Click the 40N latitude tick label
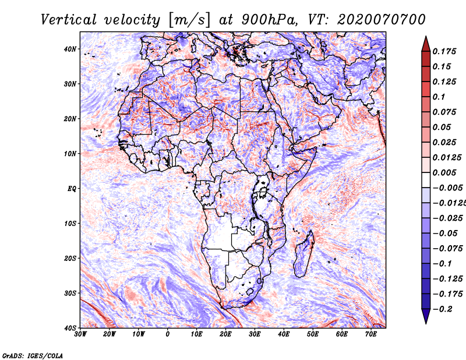coord(70,49)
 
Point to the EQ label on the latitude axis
coord(72,189)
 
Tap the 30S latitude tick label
coord(70,293)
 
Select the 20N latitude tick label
coord(70,119)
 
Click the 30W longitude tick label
coord(80,334)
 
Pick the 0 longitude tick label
coord(168,334)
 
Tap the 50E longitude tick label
coord(313,334)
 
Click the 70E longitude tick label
coord(370,334)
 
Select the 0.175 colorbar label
coord(444,51)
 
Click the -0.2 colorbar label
coord(442,309)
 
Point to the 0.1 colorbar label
coord(439,97)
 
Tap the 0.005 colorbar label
coord(444,172)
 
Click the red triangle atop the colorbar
coord(426,44)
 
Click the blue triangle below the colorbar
coord(426,316)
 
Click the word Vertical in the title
coord(69,20)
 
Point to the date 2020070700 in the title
coord(382,20)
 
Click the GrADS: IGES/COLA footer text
coord(33,355)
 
